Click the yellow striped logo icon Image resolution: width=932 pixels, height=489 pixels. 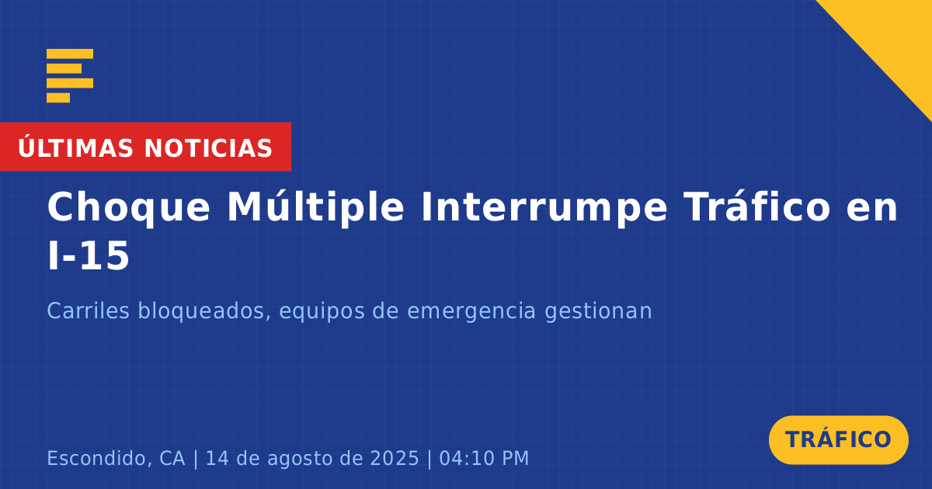coord(70,76)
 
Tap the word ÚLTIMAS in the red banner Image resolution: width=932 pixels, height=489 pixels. coord(75,147)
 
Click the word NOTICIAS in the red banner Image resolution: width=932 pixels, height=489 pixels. coord(208,148)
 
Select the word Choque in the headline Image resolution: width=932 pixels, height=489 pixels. coord(129,208)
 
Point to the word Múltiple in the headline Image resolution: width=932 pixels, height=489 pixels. coord(315,207)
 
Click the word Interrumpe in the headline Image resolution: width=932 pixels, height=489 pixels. coord(544,208)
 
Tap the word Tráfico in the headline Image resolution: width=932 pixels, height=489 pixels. coord(757,206)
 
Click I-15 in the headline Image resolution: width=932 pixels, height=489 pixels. coord(89,255)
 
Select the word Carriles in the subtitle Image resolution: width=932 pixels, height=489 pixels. coord(89,310)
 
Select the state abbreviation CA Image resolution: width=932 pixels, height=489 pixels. coord(172,458)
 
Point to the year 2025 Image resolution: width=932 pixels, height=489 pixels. coord(395,458)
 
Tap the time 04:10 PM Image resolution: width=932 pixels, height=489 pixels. coord(484,458)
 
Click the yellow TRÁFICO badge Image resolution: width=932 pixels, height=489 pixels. coord(838,440)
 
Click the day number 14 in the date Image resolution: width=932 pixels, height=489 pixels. coord(217,458)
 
